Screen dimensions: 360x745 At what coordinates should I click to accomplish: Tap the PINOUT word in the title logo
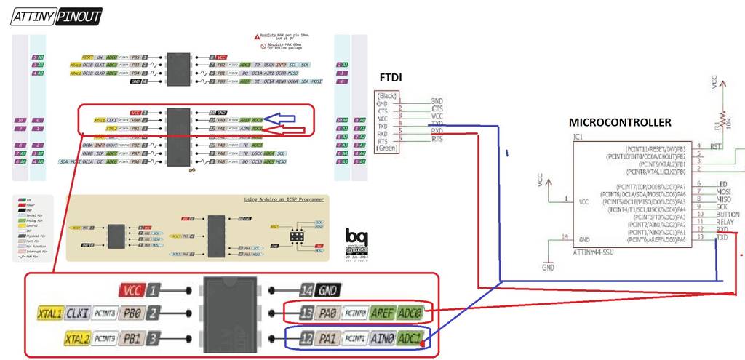(x=77, y=15)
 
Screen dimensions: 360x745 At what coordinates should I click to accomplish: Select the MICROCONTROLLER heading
(x=620, y=122)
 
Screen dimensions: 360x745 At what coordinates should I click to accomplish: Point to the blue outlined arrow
(x=288, y=119)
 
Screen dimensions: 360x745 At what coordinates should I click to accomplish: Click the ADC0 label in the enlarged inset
(x=410, y=313)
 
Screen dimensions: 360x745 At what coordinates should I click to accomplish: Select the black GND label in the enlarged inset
(x=328, y=290)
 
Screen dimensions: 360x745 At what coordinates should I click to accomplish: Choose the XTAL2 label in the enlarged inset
(x=76, y=338)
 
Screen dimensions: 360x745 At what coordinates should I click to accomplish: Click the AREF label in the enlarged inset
(x=382, y=313)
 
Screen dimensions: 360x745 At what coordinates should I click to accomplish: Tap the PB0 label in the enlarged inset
(x=133, y=313)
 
